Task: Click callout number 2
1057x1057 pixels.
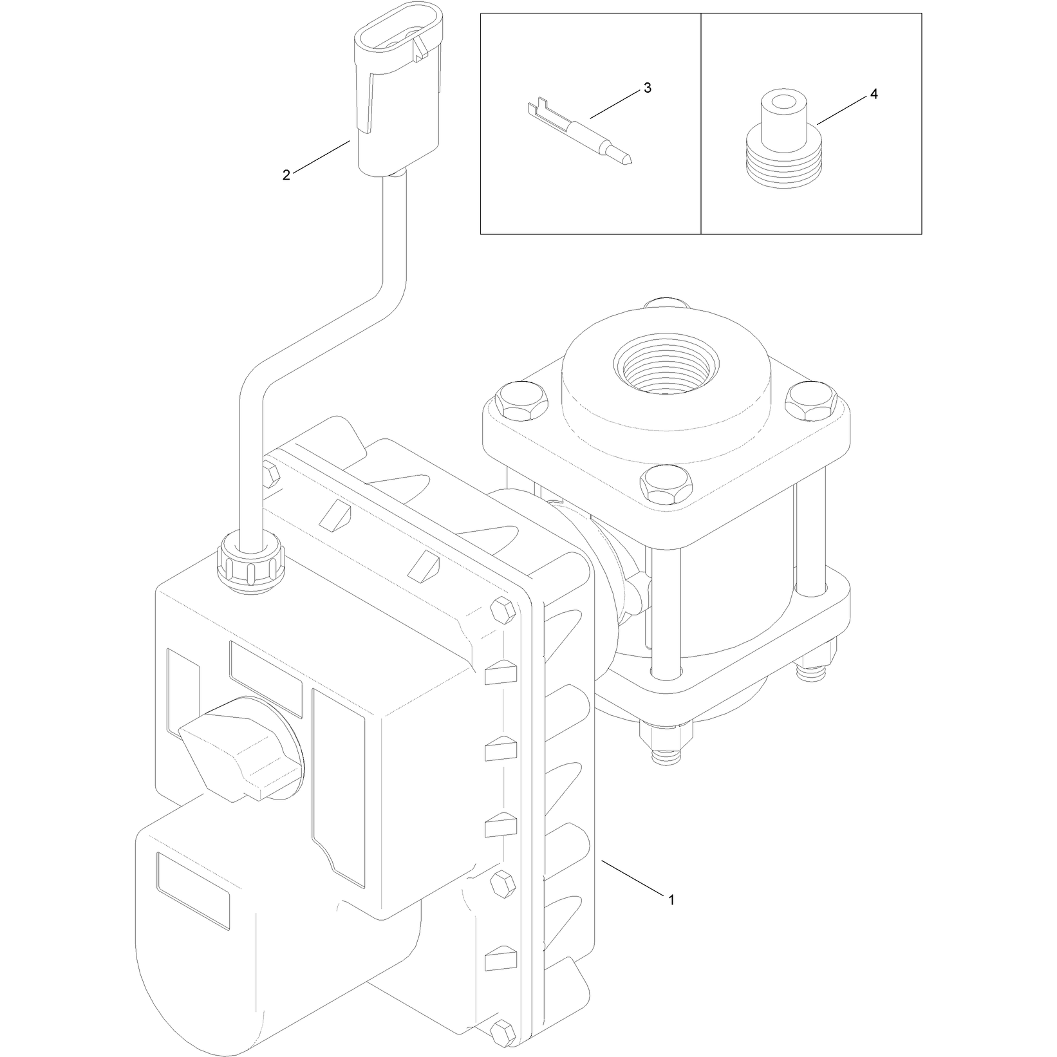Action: pyautogui.click(x=286, y=174)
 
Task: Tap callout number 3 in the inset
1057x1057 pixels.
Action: pyautogui.click(x=648, y=88)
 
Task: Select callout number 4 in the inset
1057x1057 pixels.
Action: pyautogui.click(x=874, y=94)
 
